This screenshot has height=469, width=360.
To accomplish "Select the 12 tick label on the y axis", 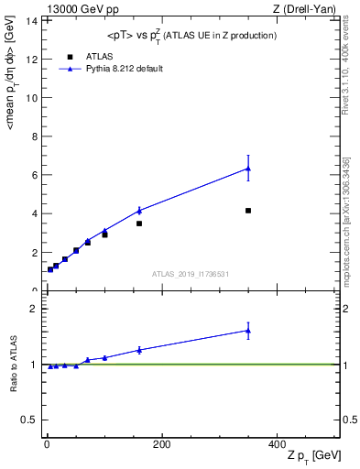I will (x=34, y=59).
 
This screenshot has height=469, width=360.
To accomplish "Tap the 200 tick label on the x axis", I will (x=161, y=444).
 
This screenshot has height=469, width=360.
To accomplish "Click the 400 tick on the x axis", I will (x=277, y=444).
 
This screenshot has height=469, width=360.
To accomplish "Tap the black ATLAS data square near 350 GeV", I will (x=248, y=211).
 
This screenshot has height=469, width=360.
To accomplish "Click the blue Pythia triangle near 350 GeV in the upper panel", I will (x=248, y=169).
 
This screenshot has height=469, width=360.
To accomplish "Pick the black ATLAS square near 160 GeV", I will (x=139, y=224).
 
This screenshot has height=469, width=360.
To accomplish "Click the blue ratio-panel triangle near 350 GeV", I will (x=248, y=331).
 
